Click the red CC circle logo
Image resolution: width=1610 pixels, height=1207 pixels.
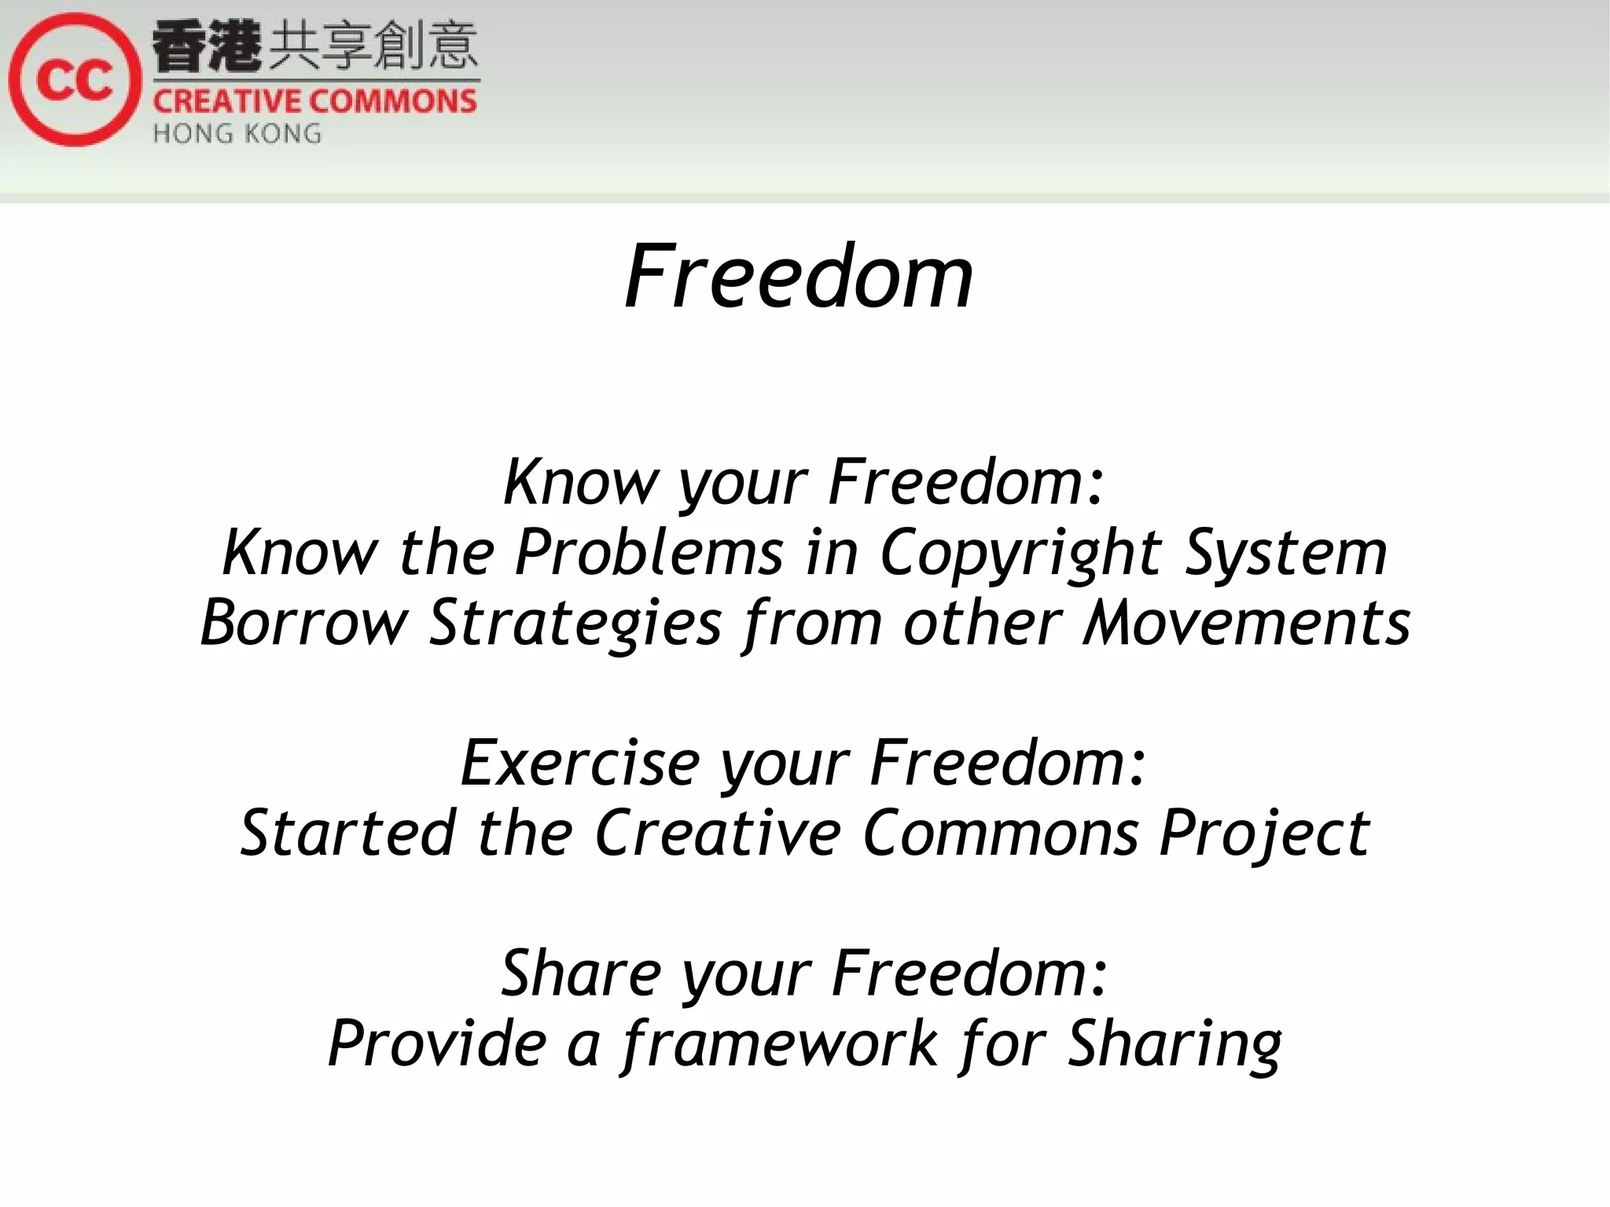[x=75, y=79]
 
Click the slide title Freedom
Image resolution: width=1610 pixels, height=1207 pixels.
[x=799, y=277]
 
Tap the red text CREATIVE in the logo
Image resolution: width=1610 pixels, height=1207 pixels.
[x=226, y=102]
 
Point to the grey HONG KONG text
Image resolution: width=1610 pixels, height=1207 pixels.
[x=237, y=134]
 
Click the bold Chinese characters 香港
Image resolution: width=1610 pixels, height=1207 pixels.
[x=206, y=47]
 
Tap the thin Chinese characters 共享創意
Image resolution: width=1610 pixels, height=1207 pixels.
[x=373, y=47]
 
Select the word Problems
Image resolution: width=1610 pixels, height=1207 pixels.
[x=649, y=552]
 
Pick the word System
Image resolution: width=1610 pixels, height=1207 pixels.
[x=1286, y=554]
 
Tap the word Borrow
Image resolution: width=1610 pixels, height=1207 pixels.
[x=304, y=623]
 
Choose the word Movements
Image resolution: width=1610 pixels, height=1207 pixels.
[x=1247, y=623]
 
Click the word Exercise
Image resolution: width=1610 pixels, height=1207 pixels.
[x=580, y=763]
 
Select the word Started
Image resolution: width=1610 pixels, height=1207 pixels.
[x=348, y=833]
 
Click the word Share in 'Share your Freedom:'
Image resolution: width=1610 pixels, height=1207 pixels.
[x=582, y=973]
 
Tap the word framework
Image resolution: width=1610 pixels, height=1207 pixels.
[x=781, y=1044]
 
